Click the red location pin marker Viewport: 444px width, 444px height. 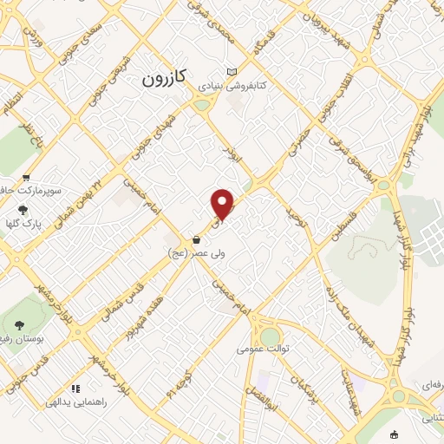point(223,204)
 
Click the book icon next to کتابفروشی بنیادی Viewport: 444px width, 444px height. point(230,72)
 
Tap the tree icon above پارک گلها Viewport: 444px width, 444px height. point(23,209)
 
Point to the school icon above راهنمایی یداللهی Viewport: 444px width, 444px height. point(75,388)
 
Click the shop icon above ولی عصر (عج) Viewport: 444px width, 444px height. point(197,239)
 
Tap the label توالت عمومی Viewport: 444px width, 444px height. point(261,350)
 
